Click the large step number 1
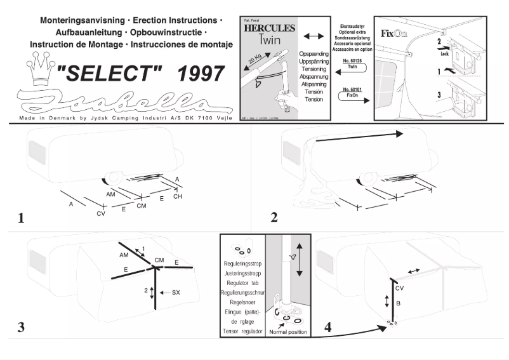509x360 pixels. point(22,218)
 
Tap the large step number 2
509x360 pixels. point(274,218)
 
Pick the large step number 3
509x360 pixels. point(22,329)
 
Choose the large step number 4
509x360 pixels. point(327,329)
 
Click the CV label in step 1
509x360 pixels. point(100,215)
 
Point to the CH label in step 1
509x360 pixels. point(178,197)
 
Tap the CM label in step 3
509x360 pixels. point(159,260)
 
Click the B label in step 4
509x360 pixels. point(397,303)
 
